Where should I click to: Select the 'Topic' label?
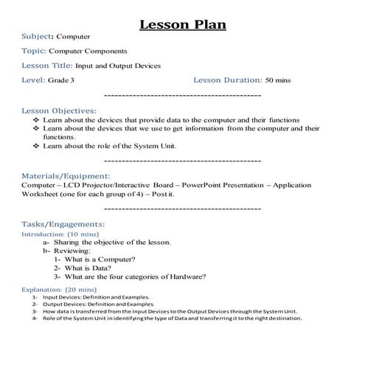point(34,51)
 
